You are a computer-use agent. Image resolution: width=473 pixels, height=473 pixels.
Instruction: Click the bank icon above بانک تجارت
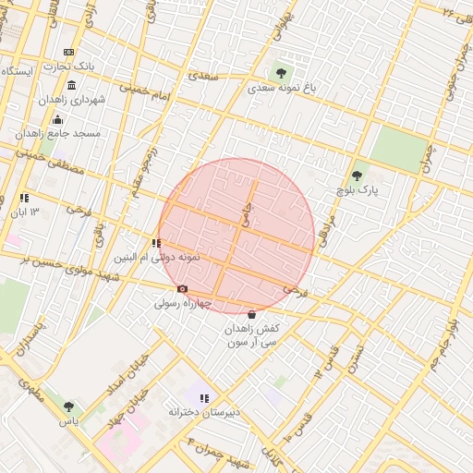pos(68,53)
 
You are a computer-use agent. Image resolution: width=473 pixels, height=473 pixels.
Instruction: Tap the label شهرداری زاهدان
pos(73,99)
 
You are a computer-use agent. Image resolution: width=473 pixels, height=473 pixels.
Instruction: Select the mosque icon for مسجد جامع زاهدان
pos(57,119)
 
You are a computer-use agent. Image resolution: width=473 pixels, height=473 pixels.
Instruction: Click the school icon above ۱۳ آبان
pos(24,198)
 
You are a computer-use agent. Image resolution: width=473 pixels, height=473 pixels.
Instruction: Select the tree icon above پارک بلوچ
pos(357,176)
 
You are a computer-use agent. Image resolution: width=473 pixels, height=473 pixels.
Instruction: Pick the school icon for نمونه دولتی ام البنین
pos(155,243)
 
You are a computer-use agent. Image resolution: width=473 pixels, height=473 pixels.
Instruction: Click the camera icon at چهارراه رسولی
pos(182,288)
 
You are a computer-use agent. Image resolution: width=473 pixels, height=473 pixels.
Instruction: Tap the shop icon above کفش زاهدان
pos(252,314)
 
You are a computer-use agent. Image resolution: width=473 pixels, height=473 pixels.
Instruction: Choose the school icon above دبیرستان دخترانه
pos(204,397)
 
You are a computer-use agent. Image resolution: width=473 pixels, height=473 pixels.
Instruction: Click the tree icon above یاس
pos(68,406)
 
